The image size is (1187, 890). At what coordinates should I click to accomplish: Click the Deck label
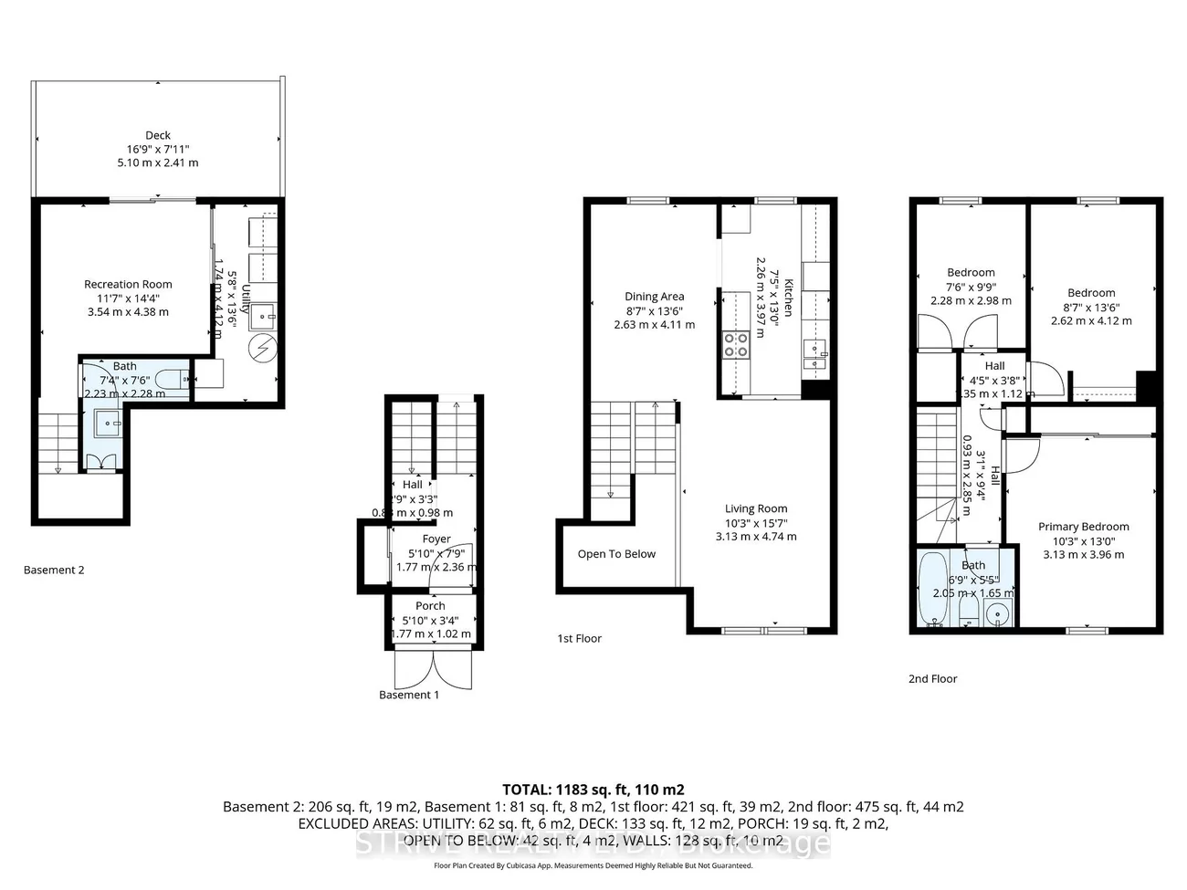[158, 135]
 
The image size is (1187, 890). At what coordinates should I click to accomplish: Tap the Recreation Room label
[128, 284]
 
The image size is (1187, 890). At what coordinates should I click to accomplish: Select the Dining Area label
[654, 296]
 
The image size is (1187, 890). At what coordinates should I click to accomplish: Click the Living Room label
[756, 508]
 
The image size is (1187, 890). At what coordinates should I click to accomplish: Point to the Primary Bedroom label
[1083, 526]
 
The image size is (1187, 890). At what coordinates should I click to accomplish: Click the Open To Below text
[616, 554]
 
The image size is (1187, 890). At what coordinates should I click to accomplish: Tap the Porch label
[430, 605]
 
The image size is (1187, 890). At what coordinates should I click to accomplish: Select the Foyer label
[436, 539]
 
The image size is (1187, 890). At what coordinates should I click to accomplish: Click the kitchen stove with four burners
[736, 344]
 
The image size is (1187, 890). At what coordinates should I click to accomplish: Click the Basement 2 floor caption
[54, 570]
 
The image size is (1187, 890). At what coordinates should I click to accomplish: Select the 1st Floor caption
[579, 638]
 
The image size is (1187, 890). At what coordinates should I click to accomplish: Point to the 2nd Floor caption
[932, 678]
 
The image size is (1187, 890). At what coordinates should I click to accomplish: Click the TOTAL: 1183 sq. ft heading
[593, 790]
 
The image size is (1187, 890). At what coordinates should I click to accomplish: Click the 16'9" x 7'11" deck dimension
[158, 149]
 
